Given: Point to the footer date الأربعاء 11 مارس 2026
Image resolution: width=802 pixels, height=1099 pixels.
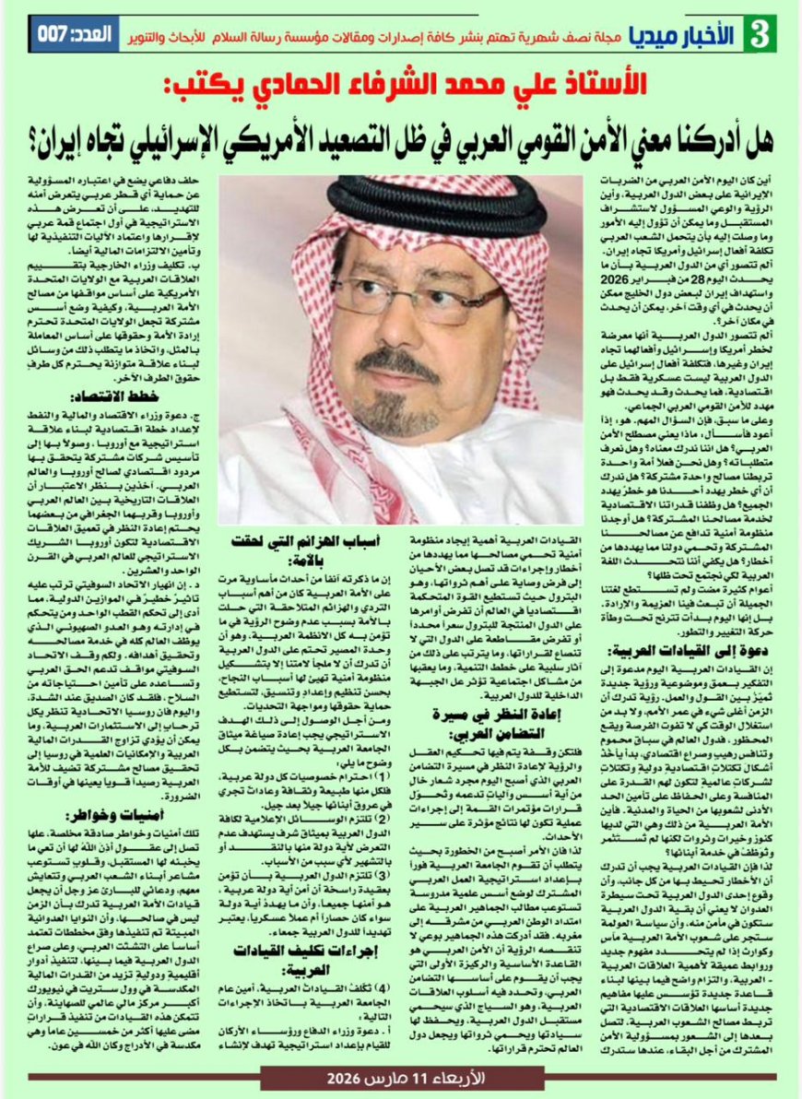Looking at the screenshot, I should pos(402,1079).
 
